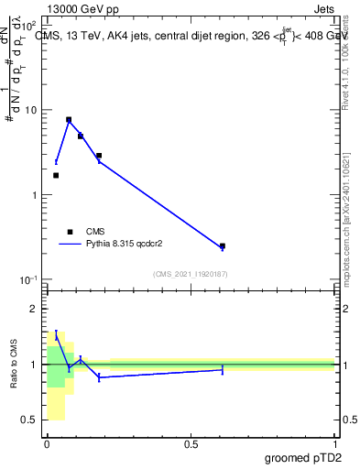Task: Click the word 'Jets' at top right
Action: click(323, 7)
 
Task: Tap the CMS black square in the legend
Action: click(70, 232)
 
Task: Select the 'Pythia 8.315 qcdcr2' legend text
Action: click(125, 245)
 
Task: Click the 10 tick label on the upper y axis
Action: click(32, 111)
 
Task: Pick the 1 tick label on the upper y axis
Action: click(35, 195)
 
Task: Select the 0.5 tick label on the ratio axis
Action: click(30, 420)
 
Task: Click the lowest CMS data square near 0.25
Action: click(223, 245)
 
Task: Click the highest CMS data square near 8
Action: click(69, 119)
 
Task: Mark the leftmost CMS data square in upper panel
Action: click(56, 175)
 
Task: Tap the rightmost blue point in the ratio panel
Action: click(223, 369)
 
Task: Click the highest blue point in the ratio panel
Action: click(56, 336)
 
